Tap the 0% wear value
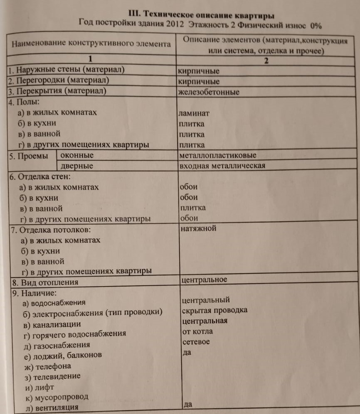[x=316, y=25]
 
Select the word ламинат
[x=193, y=113]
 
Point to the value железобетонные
[x=208, y=92]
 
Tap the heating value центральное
[x=205, y=279]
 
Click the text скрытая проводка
[x=215, y=310]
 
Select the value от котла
[x=197, y=331]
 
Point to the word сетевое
[x=196, y=342]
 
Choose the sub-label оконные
[x=77, y=156]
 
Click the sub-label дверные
[x=77, y=166]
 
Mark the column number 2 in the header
[x=266, y=61]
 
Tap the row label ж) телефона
[x=48, y=366]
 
